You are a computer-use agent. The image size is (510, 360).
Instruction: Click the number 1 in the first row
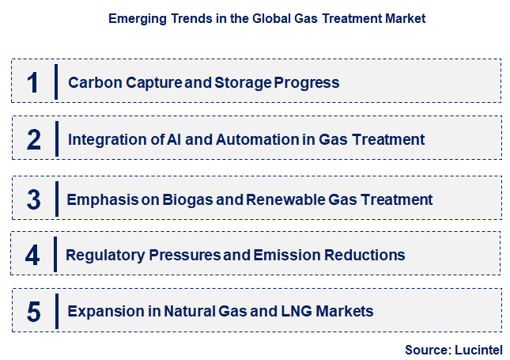pos(32,82)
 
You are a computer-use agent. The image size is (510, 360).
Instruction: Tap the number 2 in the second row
pos(33,140)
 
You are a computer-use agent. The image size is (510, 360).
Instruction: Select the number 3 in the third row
pos(33,199)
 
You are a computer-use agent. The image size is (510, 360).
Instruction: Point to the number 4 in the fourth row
pos(32,255)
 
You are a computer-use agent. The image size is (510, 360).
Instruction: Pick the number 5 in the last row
pos(33,312)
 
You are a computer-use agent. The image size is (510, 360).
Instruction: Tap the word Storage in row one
pos(242,82)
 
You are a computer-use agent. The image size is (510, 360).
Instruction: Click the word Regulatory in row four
pos(100,255)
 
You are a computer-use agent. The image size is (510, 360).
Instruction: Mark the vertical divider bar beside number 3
pos(56,199)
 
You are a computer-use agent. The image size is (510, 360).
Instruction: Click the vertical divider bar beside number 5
pos(56,312)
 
